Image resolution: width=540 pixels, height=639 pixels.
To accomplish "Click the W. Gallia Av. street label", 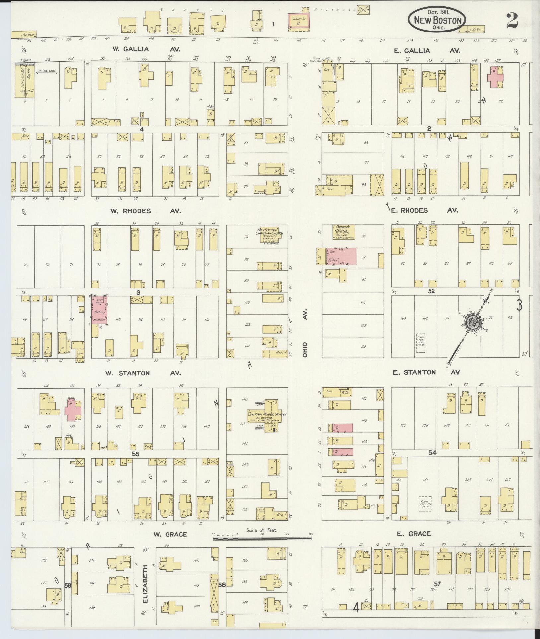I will pyautogui.click(x=146, y=49).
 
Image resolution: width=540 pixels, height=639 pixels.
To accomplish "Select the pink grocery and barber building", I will pyautogui.click(x=342, y=256).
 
